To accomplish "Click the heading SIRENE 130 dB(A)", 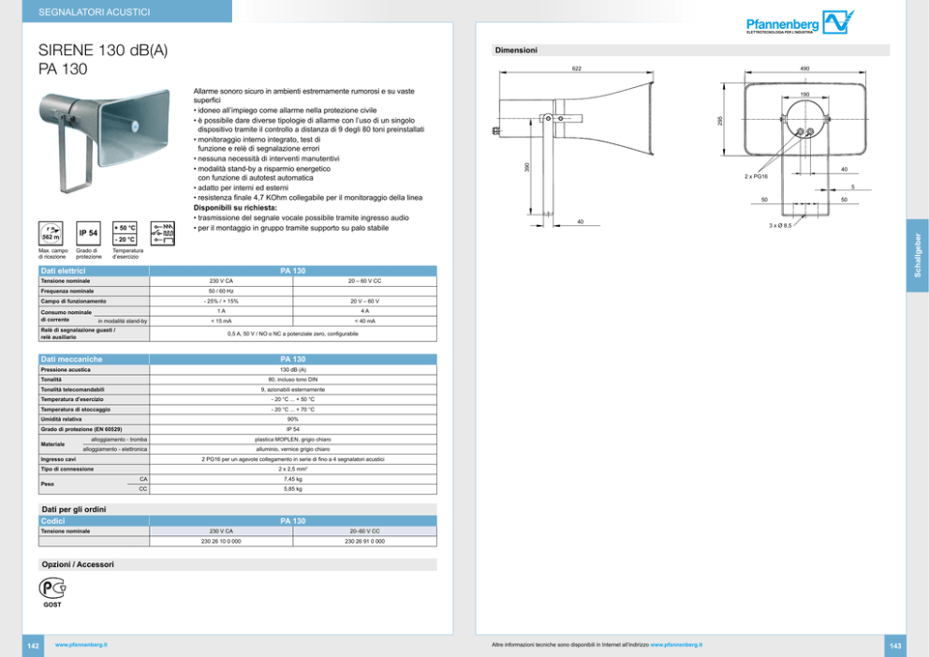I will [x=103, y=51].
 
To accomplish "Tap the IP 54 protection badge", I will [x=88, y=232].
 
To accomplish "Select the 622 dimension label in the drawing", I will [x=577, y=68].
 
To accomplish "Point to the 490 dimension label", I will [x=805, y=68].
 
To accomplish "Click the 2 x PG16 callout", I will [x=757, y=176].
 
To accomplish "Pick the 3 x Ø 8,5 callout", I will [x=780, y=226].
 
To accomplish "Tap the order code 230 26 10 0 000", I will [x=221, y=541].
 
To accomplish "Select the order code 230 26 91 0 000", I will [x=364, y=541].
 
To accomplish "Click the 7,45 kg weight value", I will [x=293, y=479].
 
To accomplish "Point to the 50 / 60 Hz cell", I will [x=221, y=291].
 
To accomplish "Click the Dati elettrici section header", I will [x=64, y=271].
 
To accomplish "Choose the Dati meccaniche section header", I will [x=71, y=359].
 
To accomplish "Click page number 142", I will [x=32, y=646].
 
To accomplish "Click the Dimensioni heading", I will [x=515, y=49].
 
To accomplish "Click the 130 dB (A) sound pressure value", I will [x=293, y=369].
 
